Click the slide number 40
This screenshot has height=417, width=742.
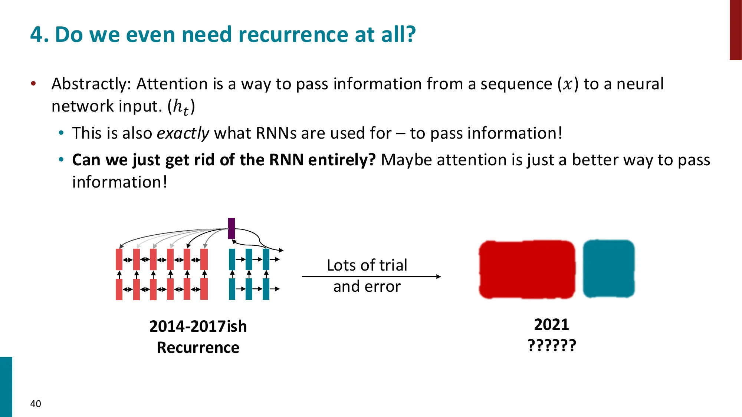coord(36,404)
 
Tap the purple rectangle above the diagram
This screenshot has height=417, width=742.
coord(232,228)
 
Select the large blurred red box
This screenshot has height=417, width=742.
coord(527,269)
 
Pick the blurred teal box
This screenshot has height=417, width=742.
coord(608,269)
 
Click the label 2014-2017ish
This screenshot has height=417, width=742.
coord(198,327)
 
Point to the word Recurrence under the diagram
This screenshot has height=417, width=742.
coord(198,348)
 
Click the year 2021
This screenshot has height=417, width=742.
coord(551,325)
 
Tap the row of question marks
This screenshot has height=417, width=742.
coord(552,345)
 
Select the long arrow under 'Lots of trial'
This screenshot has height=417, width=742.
coord(371,277)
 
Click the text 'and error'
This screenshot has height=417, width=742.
coord(367,287)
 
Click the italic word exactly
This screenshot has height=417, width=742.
coord(183,133)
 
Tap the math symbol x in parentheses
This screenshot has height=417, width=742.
coord(568,84)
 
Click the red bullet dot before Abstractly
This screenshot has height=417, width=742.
coord(33,83)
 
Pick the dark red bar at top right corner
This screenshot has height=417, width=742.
coord(735,30)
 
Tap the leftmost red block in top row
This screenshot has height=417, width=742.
coord(119,259)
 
